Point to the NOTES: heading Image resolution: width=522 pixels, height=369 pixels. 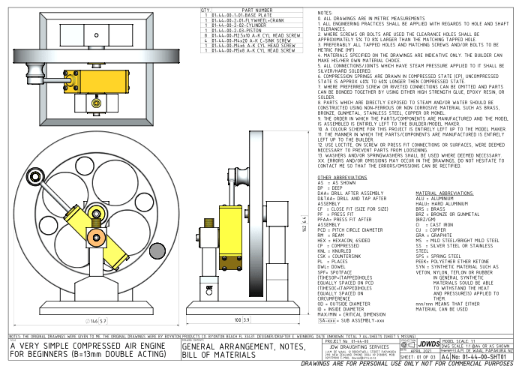click(325, 13)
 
